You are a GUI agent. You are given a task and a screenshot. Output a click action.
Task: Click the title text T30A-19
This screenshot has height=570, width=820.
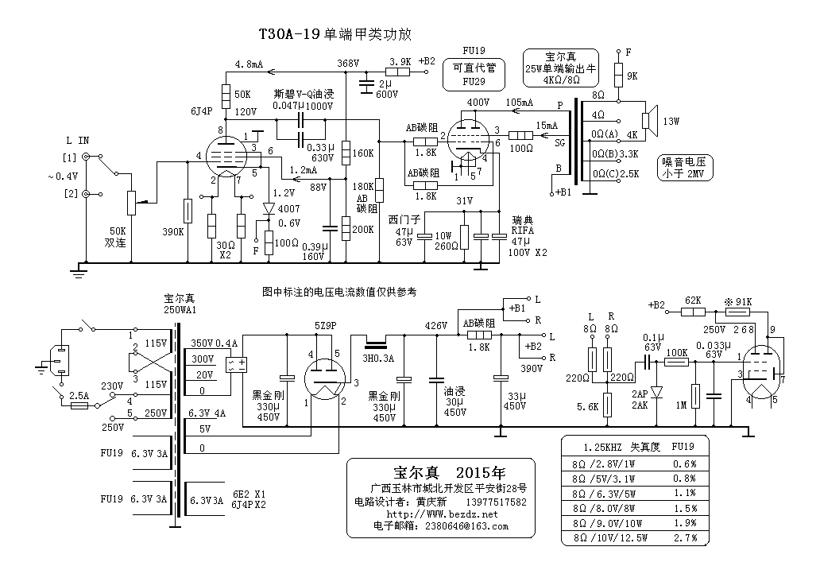coord(288,34)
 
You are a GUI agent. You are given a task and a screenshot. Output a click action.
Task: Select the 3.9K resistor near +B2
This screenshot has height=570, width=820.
coord(398,72)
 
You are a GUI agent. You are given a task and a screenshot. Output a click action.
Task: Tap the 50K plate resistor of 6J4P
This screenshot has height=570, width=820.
coord(226,95)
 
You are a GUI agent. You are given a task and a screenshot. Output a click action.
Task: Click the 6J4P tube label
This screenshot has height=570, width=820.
coord(201,111)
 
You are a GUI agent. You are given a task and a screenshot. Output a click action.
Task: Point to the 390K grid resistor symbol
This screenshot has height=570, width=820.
coord(188,210)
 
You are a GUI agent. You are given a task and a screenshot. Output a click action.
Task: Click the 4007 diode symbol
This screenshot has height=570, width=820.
coord(269,209)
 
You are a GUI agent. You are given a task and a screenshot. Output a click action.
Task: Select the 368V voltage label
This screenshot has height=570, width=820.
coord(348,64)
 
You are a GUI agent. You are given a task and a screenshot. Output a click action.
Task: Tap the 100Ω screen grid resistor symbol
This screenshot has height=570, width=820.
coord(521,136)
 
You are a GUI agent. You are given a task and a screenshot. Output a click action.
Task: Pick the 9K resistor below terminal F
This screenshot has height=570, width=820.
coord(619,75)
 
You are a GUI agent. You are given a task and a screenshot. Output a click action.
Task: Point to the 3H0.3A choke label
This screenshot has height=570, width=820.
coord(378,359)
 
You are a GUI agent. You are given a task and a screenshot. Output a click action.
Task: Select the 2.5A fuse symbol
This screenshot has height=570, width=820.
coord(79,405)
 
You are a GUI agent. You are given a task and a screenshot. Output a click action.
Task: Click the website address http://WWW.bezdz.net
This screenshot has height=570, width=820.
coord(442,514)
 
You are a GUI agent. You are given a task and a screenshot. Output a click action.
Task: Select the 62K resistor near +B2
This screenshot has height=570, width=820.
coord(693,312)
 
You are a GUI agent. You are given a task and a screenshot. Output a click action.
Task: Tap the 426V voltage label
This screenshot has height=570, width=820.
coord(435,326)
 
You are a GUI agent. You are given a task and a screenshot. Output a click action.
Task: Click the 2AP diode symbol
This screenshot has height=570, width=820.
coord(657,391)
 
